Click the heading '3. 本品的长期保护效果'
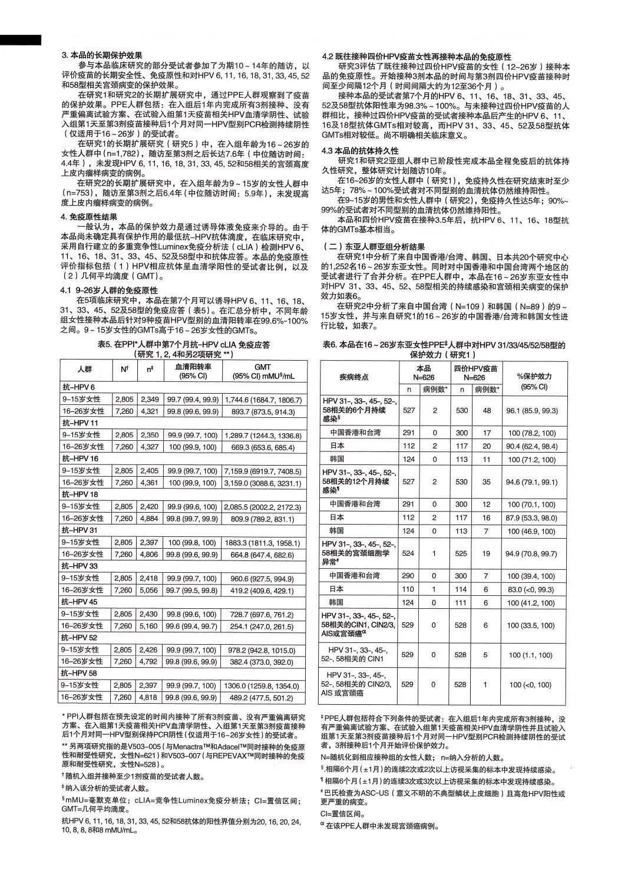click(101, 55)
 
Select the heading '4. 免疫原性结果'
click(89, 217)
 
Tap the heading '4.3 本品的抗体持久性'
click(360, 151)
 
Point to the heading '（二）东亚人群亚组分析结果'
click(373, 247)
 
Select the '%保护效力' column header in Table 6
click(534, 381)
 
